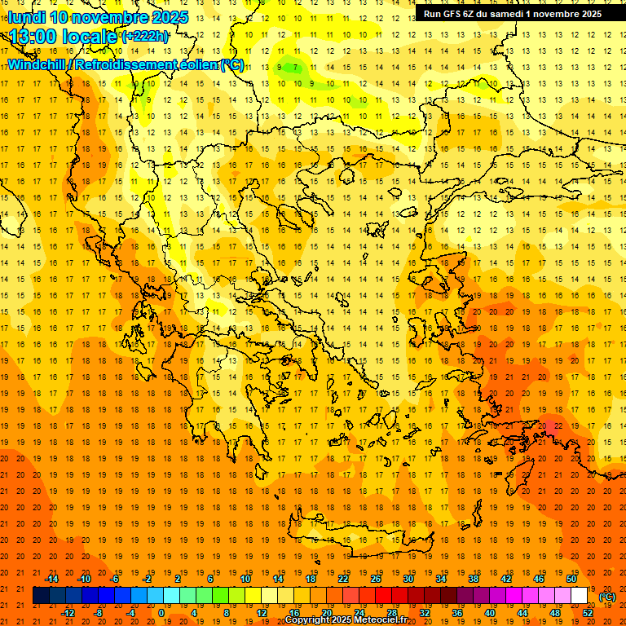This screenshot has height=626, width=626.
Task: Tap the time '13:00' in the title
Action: [x=35, y=37]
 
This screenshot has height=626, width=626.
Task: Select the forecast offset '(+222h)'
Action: [x=144, y=36]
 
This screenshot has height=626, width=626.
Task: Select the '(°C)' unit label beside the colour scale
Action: [x=607, y=597]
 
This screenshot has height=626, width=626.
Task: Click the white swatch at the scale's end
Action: [x=580, y=596]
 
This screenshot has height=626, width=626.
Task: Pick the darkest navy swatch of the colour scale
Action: [x=41, y=596]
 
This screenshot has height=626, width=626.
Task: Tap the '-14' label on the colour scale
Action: [x=52, y=579]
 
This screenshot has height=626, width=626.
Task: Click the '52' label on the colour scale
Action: [x=588, y=613]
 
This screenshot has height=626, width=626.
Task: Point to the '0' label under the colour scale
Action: [x=161, y=613]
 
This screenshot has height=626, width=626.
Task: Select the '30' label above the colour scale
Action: [x=408, y=579]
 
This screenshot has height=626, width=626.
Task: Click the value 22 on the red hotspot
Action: [x=556, y=425]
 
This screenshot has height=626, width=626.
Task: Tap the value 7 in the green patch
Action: [x=297, y=68]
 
